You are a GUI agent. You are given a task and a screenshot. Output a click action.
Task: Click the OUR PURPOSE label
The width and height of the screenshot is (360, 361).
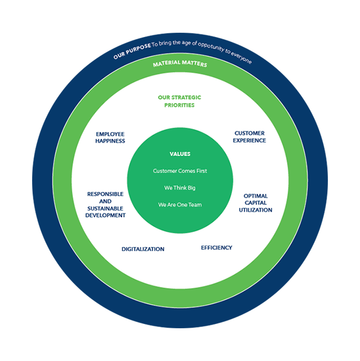132,51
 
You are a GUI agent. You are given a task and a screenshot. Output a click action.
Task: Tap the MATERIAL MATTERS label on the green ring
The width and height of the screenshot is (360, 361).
180,64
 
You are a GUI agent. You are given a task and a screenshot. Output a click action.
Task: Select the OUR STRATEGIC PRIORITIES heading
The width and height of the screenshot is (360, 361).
180,101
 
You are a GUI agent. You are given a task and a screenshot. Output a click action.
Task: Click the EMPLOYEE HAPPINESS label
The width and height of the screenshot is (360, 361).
110,138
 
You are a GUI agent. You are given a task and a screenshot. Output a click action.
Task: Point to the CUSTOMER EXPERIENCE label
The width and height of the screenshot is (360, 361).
249,137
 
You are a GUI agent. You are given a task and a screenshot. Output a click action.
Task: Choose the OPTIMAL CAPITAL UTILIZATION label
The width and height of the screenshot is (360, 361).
256,203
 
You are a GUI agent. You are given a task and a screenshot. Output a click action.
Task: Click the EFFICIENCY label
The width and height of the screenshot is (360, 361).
217,247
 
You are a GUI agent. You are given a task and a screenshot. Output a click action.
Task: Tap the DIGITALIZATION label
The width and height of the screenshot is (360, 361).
143,249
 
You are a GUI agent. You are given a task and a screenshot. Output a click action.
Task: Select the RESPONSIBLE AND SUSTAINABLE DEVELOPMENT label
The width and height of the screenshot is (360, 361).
106,205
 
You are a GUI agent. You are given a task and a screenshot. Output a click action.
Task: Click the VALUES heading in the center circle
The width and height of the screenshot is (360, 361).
180,154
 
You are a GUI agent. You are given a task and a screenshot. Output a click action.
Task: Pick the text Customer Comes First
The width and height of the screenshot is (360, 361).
180,171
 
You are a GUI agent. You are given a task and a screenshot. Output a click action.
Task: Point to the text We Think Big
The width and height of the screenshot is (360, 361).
180,188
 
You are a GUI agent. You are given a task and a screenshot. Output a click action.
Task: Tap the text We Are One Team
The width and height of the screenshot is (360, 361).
180,205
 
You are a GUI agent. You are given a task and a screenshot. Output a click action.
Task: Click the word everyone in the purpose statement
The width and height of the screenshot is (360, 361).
241,58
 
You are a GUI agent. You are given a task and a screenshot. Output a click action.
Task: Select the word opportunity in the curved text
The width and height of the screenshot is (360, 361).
211,46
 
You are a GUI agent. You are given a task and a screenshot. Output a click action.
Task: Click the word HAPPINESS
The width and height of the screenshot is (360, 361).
110,141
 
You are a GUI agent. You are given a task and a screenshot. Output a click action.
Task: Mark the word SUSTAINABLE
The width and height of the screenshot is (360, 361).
105,209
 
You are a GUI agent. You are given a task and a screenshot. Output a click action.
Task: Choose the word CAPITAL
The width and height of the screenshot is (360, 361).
256,203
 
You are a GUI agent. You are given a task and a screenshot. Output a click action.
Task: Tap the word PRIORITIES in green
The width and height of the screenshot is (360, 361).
180,106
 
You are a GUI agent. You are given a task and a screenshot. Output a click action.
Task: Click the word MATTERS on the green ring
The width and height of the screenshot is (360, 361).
195,64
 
